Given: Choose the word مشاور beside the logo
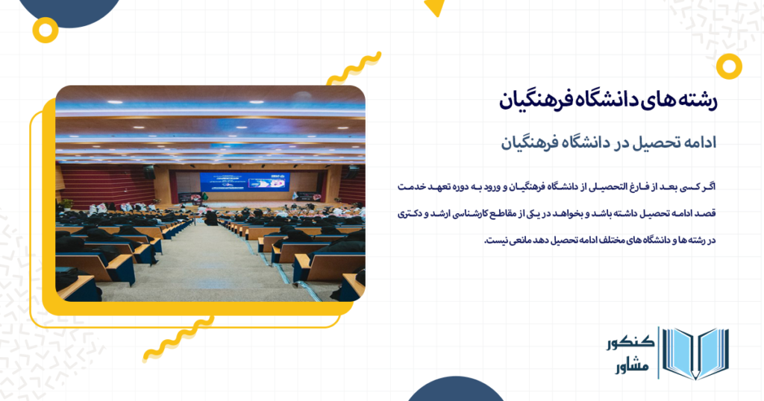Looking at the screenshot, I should click(x=633, y=367).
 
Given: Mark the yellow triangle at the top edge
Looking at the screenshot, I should click(x=434, y=7).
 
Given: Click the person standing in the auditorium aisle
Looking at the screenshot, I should click(x=211, y=218).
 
